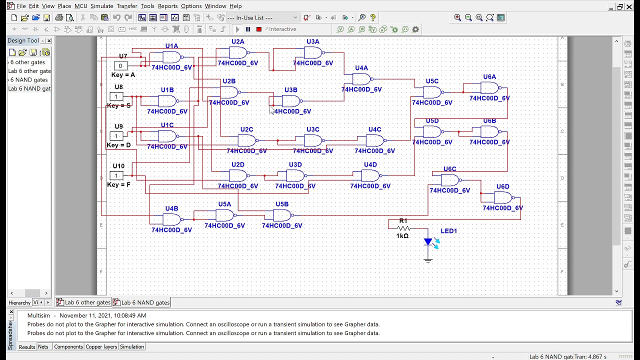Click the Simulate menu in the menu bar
tap(101, 6)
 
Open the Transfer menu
tap(126, 6)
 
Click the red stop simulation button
tap(258, 29)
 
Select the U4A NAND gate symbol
tap(361, 79)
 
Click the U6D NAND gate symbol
tap(502, 197)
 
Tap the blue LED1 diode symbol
tap(428, 242)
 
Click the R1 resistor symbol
tap(403, 228)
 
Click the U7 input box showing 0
tap(120, 65)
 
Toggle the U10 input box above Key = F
tap(116, 175)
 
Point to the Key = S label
tap(119, 105)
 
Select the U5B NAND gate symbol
tap(282, 215)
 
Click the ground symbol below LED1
tap(428, 259)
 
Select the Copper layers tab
tap(101, 346)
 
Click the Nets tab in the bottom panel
tap(43, 346)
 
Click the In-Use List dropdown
tap(262, 17)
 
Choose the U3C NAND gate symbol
tap(312, 140)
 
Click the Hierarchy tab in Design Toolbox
tap(19, 302)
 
